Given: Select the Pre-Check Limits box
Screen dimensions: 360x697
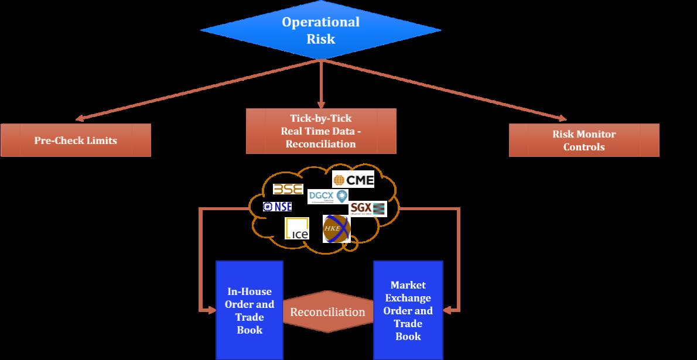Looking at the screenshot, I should click(x=76, y=140).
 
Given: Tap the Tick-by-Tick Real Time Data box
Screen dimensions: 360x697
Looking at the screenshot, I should click(x=320, y=131).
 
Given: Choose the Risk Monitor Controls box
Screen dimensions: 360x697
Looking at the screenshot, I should click(x=583, y=140).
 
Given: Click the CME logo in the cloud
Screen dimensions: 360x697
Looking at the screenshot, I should click(x=353, y=179).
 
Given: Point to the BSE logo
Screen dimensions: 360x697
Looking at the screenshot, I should click(x=288, y=190).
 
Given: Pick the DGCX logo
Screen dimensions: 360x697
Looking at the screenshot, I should click(x=327, y=196).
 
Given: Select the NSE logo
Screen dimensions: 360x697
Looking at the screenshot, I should click(x=277, y=207).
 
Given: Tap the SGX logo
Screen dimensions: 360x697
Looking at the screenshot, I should click(x=368, y=208).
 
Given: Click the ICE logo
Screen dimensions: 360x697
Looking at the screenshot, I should click(x=297, y=228).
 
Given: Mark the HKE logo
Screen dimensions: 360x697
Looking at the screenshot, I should click(x=336, y=228).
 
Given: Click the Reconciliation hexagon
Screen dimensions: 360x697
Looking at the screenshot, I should click(x=328, y=311).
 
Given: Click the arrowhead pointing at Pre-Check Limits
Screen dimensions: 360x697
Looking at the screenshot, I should click(x=80, y=119).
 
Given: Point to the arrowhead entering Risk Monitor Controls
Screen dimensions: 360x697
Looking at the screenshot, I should click(x=562, y=119).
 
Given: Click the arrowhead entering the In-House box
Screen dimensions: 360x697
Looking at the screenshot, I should click(x=211, y=310).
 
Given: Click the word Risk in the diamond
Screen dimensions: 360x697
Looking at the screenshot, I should click(x=321, y=39).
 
